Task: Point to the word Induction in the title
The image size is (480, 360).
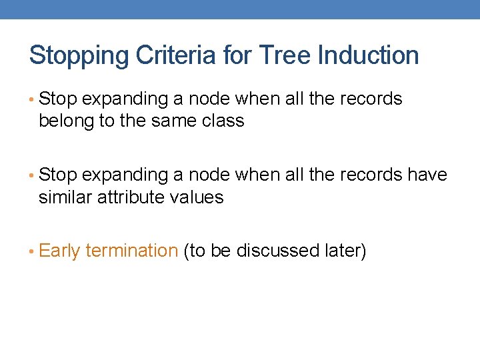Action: coord(370,55)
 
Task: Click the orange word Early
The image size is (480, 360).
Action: coord(60,251)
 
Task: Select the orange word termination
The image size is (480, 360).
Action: coord(132,251)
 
